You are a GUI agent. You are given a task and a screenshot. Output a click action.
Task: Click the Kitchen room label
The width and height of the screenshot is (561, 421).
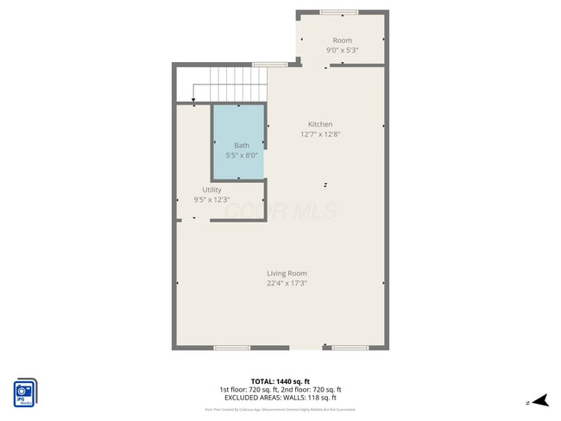click(x=316, y=124)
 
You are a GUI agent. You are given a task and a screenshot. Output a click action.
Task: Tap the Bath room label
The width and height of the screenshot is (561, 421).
click(x=242, y=145)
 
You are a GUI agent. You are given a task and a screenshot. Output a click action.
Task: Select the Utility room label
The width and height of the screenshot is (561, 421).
click(x=211, y=190)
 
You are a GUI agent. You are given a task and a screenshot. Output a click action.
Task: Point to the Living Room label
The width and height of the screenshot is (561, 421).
click(x=287, y=273)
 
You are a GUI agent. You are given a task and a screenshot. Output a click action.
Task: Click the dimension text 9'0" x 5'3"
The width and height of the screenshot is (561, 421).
click(x=342, y=50)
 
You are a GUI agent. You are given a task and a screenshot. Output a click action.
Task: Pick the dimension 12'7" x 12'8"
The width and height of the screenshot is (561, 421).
click(x=316, y=134)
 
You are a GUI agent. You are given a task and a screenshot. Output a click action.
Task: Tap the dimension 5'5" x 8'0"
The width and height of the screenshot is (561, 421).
click(x=242, y=154)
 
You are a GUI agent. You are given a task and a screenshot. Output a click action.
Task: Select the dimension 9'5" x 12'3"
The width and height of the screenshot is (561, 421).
click(x=211, y=199)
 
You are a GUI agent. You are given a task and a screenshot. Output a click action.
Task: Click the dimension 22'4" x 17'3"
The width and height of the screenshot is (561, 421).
click(x=287, y=283)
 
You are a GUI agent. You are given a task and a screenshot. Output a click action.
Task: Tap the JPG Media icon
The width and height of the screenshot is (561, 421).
click(x=25, y=393)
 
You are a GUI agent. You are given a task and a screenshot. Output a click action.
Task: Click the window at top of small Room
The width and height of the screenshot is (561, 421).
click(x=338, y=13)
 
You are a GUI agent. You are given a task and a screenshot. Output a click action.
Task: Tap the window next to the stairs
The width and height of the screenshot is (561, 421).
click(x=270, y=65)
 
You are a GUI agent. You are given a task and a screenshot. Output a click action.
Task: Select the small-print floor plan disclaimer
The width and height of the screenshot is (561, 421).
click(x=280, y=409)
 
